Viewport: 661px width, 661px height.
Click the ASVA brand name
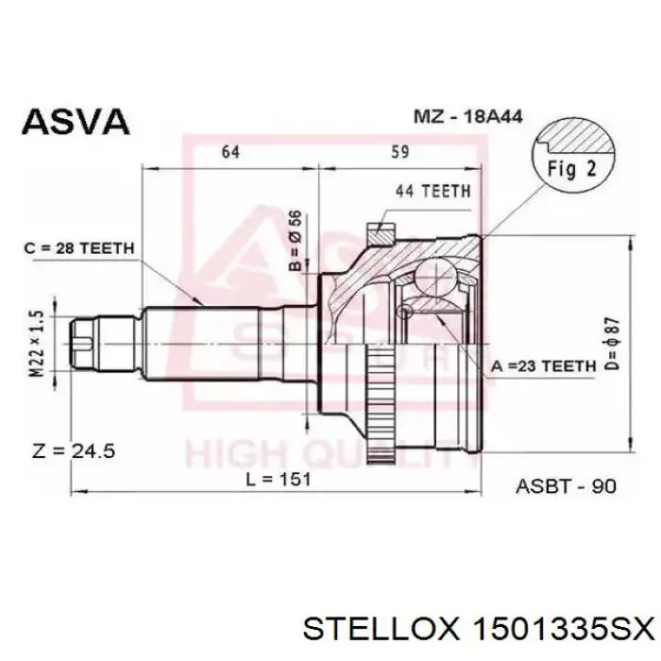coord(76,122)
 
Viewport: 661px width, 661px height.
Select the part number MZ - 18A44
coord(468,116)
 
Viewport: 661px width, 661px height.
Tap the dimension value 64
coord(230,152)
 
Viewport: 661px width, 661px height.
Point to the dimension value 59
coord(400,152)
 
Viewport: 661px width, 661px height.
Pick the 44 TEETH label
coord(432,192)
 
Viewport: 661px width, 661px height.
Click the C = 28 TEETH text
coord(79,248)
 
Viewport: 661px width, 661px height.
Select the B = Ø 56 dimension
coord(297,240)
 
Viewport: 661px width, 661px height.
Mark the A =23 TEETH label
coord(543,366)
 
